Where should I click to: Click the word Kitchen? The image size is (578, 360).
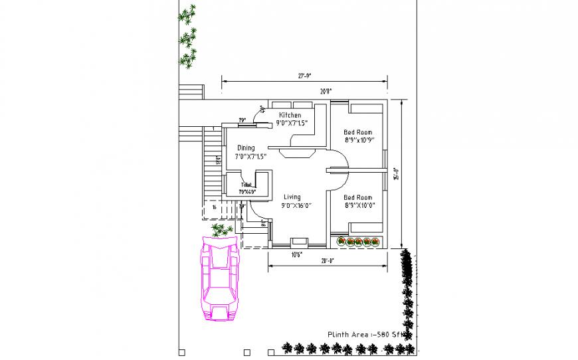[290, 116]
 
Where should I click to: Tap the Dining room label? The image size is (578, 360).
[246, 148]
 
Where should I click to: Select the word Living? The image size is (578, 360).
[292, 197]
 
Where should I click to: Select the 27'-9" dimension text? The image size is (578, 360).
[305, 76]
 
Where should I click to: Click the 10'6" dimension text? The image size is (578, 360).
[296, 254]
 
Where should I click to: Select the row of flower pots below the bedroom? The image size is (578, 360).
[358, 241]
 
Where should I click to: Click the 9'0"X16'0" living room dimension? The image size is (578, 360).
[296, 206]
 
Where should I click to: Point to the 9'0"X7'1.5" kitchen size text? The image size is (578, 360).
[292, 123]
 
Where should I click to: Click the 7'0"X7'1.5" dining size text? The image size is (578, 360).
[250, 157]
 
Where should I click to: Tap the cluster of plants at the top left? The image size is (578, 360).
[188, 37]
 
